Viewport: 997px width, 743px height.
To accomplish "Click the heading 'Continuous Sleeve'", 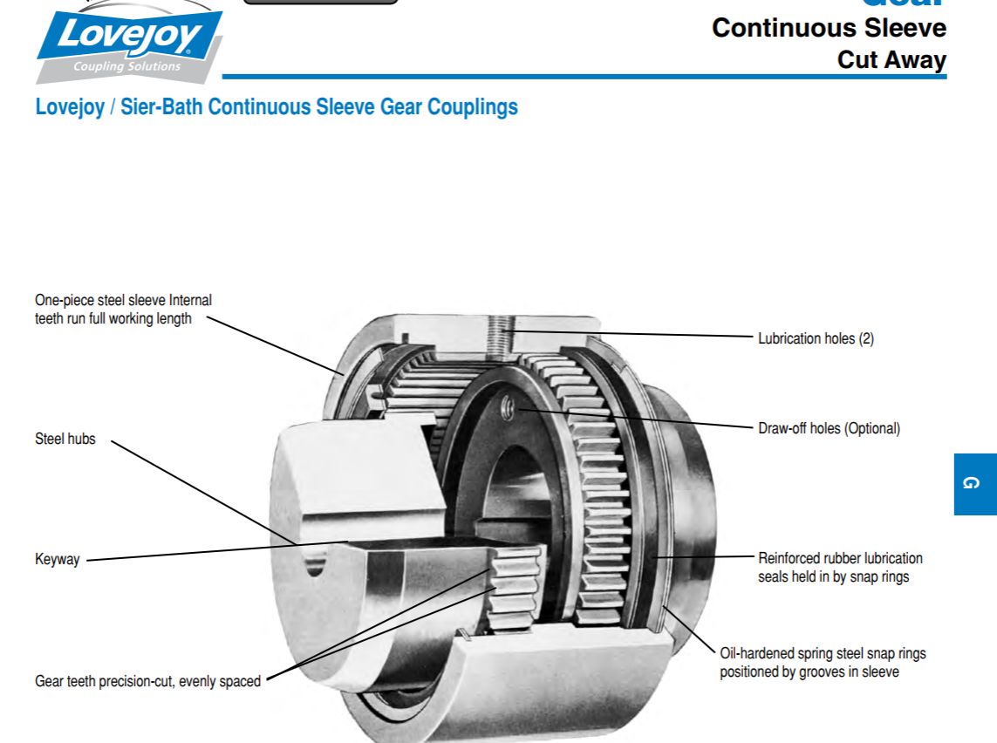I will (x=829, y=28).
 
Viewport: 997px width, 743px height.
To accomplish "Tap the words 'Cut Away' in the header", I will (x=891, y=60).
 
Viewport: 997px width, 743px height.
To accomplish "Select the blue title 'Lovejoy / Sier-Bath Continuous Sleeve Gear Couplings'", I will (x=277, y=107).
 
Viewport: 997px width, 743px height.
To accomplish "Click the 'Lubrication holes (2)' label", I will (x=816, y=338).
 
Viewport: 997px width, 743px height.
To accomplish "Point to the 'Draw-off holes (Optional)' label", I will (x=829, y=428).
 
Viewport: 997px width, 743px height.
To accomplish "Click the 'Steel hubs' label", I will (x=65, y=439).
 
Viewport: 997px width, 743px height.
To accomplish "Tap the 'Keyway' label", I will (x=58, y=559).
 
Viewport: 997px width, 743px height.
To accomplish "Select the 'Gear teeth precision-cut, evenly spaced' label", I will (x=147, y=681).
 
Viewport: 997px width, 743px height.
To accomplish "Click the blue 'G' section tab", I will (x=974, y=483).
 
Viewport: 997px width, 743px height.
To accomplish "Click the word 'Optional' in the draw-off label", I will (x=870, y=428).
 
